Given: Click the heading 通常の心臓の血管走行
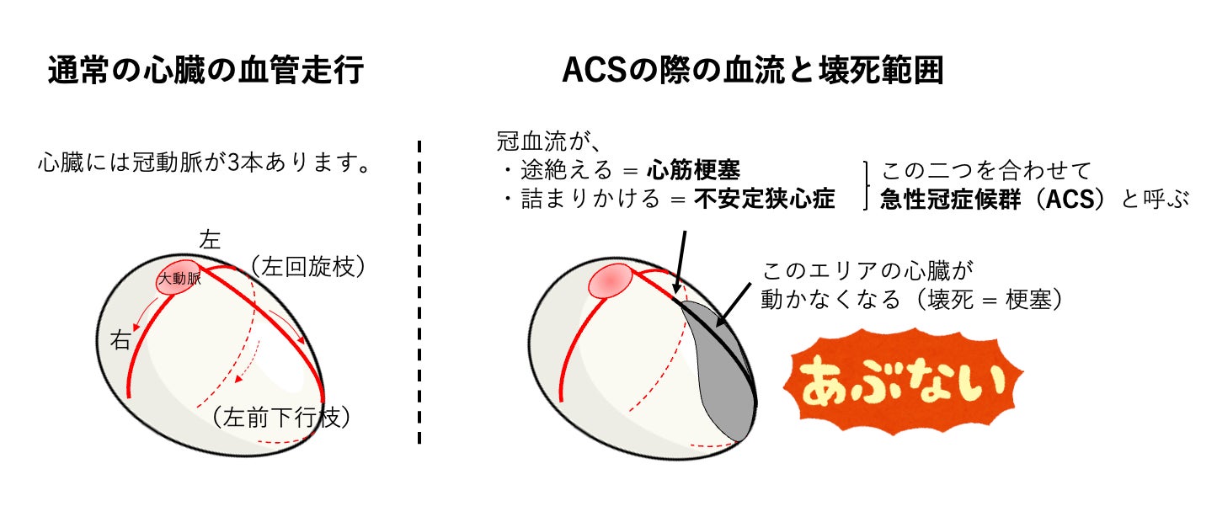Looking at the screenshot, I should click(206, 72).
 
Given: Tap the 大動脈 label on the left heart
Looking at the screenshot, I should click(179, 280).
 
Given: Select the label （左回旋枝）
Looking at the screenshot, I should click(307, 268).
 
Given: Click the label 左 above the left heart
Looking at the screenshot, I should click(210, 240).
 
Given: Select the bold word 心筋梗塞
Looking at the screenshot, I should click(693, 171).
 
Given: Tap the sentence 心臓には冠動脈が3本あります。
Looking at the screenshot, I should click(205, 163).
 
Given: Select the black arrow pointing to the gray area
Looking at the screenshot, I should click(733, 303).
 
